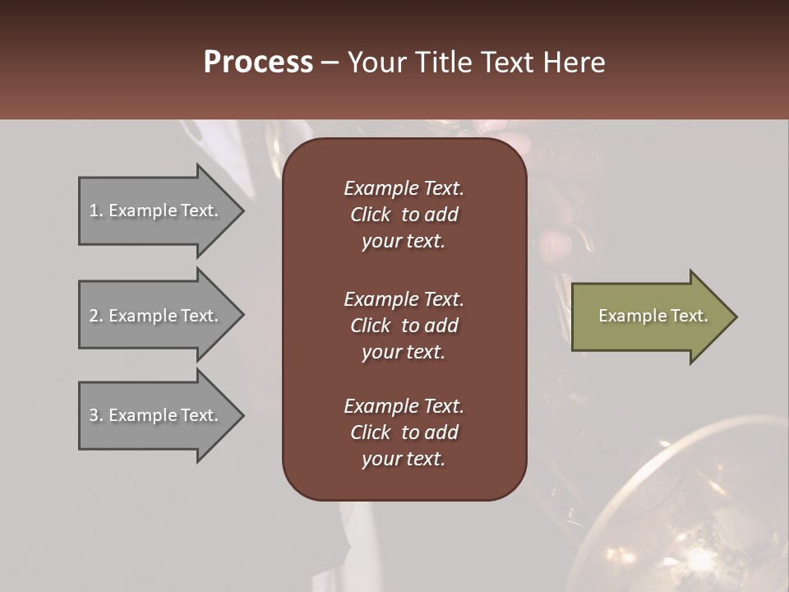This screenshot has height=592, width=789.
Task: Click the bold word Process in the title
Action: pos(258,62)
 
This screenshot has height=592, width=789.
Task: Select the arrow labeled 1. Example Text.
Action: pos(156,210)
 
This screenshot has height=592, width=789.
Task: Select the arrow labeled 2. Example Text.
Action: pos(156,316)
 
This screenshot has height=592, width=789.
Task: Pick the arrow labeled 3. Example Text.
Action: pos(156,415)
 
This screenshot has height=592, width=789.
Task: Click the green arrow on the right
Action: pos(649,316)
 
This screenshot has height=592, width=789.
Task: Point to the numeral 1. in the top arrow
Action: pos(95,210)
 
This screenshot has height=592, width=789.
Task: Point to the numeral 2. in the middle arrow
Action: pos(95,316)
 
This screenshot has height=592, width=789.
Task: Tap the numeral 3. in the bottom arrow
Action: pos(95,415)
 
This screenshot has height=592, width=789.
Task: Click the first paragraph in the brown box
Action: pos(404,215)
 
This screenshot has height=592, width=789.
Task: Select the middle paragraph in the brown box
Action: pos(404,325)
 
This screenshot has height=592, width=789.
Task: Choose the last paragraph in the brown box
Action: pos(404,432)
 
